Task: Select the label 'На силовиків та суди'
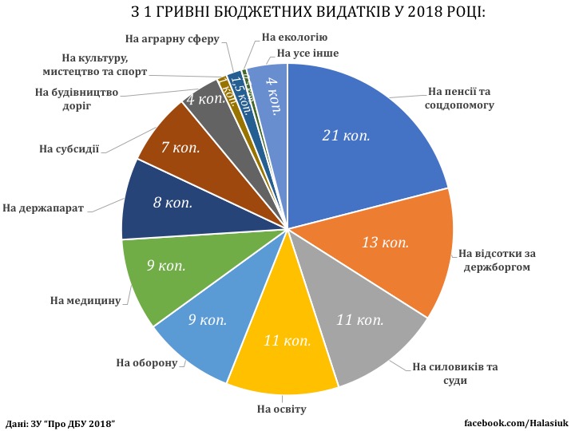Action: (455, 374)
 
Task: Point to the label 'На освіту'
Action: (282, 409)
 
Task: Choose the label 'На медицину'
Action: (85, 300)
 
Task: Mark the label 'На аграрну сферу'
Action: (172, 38)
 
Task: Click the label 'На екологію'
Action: (295, 38)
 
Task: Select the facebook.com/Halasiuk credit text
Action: (515, 421)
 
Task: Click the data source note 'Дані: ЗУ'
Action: (59, 421)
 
